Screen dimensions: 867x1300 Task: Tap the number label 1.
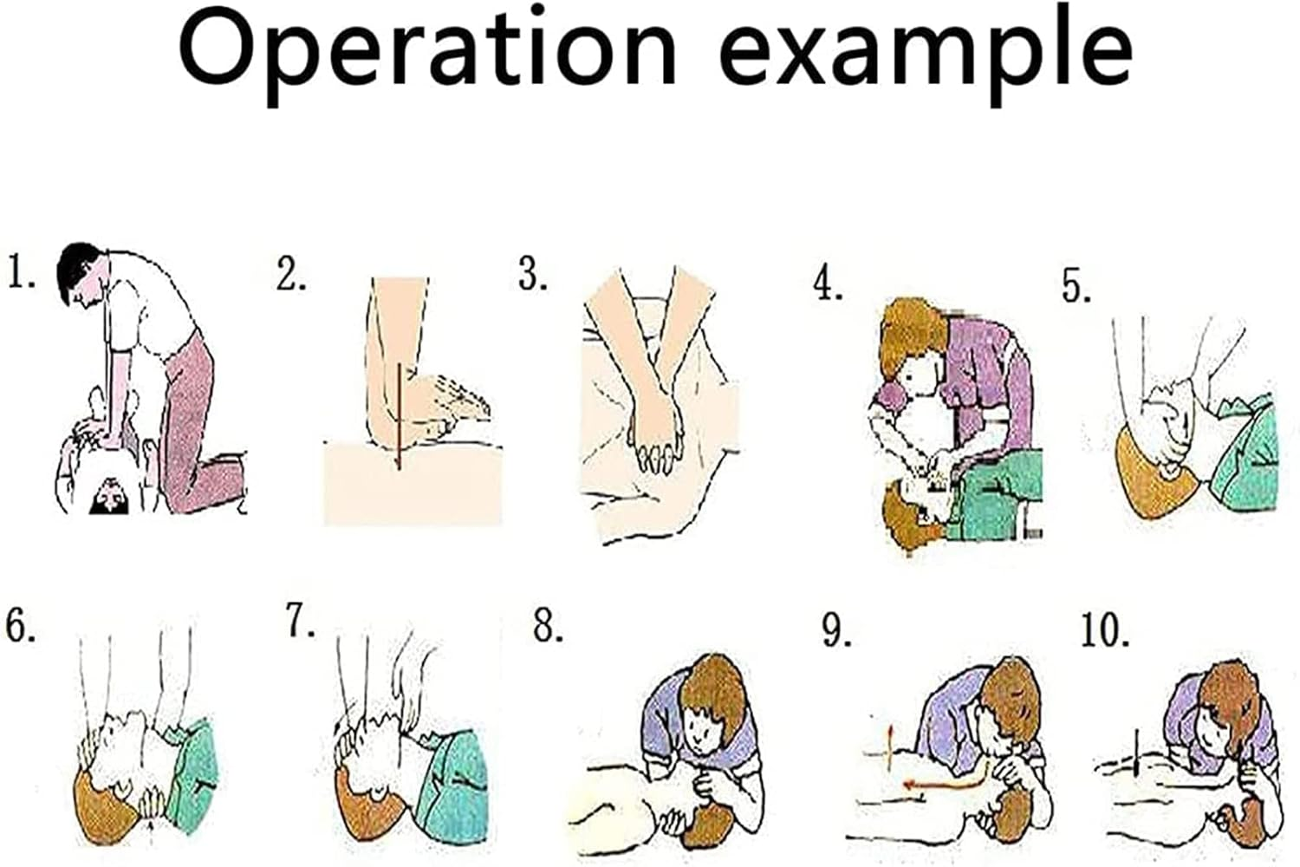pos(21,271)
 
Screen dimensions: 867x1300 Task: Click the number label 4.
pos(828,284)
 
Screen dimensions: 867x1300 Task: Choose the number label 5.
pos(1076,286)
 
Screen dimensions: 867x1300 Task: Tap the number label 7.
pos(301,621)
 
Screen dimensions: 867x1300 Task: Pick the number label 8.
pos(548,625)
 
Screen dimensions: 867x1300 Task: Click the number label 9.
pos(836,630)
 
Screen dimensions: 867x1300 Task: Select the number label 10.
pos(1104,630)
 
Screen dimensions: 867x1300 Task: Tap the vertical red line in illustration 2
pos(398,416)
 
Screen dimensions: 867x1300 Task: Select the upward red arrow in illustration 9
pos(887,746)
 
